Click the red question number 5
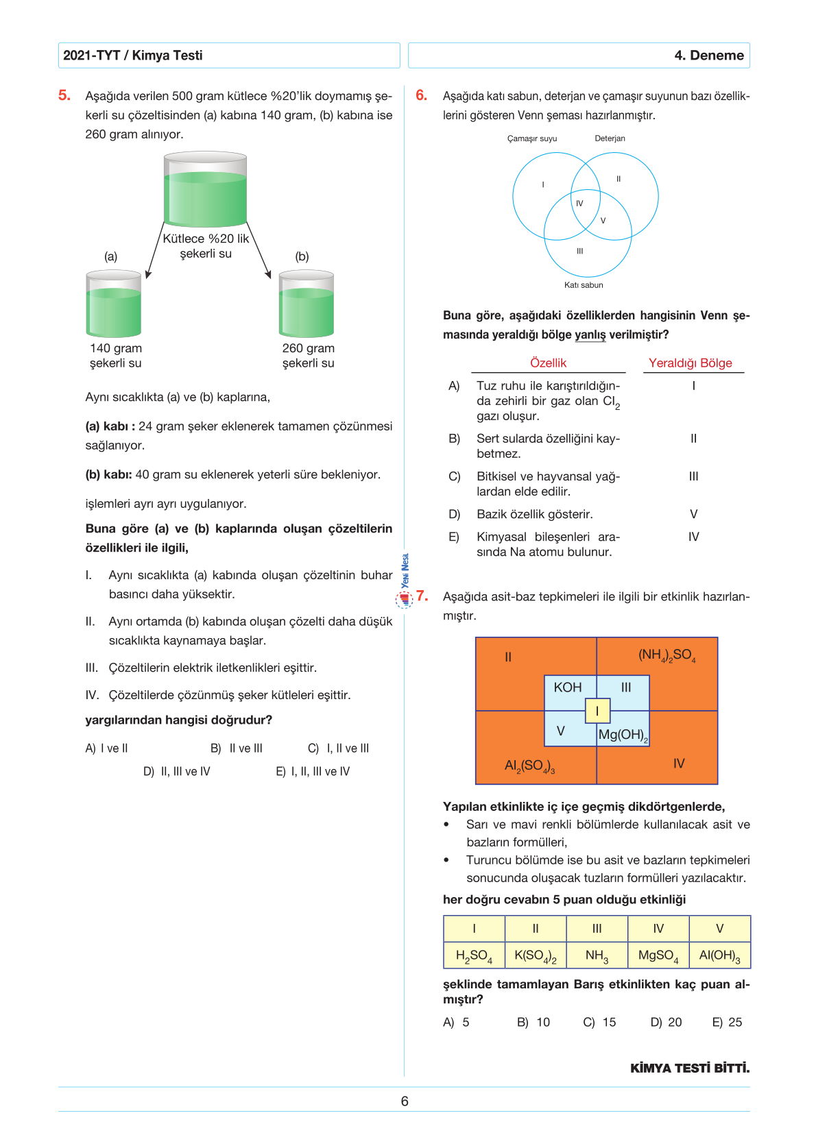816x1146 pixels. coord(64,95)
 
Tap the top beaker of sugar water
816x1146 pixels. coord(205,191)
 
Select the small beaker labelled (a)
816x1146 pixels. coord(114,304)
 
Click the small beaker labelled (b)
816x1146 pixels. coord(306,304)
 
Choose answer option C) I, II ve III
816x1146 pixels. coord(338,748)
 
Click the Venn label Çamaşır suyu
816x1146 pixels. coord(532,138)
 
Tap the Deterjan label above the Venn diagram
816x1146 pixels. coord(610,138)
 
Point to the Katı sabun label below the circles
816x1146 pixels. coord(584,285)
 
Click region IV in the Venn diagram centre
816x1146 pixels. coord(579,204)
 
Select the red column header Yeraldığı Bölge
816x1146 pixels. coord(690,363)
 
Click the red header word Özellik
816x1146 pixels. coord(548,363)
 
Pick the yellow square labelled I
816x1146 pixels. coord(597,711)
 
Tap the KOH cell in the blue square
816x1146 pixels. coord(568,687)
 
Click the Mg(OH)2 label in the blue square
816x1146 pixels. coord(623,735)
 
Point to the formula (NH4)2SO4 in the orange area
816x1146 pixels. coord(667,655)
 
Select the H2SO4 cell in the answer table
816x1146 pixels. coord(474,955)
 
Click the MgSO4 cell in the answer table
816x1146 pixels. coord(658,955)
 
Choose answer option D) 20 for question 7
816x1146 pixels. coord(666,1022)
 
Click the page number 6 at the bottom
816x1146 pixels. coord(405,1101)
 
